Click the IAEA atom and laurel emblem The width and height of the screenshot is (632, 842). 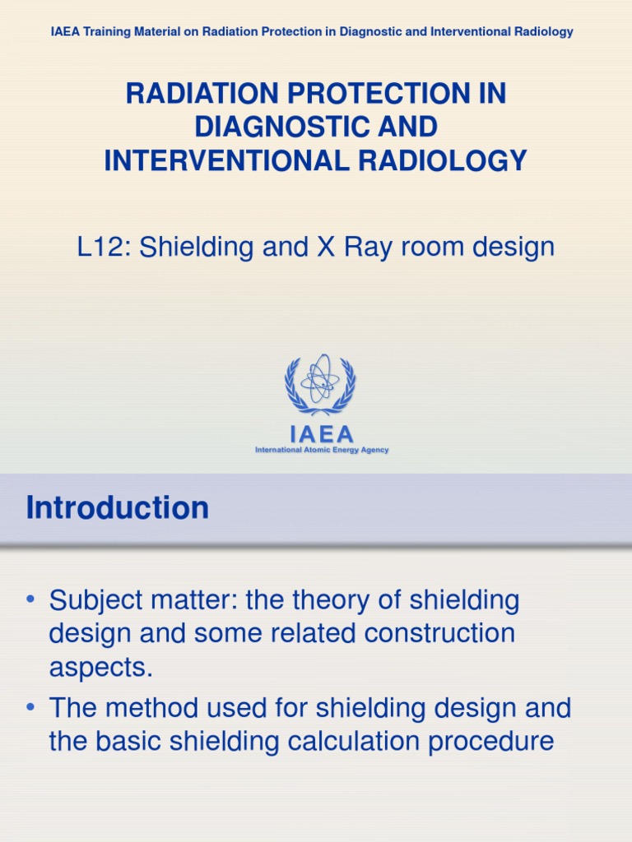320,385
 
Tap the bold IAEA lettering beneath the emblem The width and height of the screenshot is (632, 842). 321,433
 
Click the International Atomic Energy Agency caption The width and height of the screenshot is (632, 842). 322,451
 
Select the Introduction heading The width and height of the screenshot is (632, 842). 118,508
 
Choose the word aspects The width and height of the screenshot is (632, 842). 101,668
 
